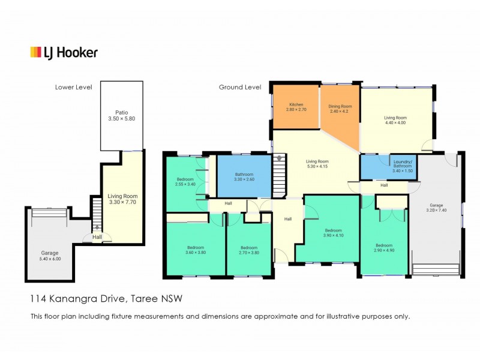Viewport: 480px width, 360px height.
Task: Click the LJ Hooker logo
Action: tap(64, 53)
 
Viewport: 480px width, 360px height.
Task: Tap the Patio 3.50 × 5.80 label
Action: tap(121, 116)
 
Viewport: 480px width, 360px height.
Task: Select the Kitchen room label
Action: tap(296, 107)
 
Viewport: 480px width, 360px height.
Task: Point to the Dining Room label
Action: tap(340, 109)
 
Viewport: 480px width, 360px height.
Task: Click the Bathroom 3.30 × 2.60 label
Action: tap(244, 176)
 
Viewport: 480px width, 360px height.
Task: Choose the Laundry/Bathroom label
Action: tap(401, 164)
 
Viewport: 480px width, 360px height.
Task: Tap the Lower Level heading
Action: tap(73, 87)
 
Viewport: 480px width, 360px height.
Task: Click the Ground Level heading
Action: tap(239, 87)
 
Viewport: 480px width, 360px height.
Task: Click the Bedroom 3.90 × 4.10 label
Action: tap(333, 233)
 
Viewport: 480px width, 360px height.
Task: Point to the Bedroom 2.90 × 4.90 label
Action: tap(384, 248)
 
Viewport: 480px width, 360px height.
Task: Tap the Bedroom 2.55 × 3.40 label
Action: tap(185, 182)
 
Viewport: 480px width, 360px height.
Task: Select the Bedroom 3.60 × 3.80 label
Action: tap(195, 250)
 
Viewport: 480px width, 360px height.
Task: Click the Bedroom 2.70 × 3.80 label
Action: tap(248, 250)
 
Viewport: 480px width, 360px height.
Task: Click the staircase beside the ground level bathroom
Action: tap(280, 175)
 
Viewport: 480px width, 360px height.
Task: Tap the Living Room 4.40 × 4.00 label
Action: tap(395, 120)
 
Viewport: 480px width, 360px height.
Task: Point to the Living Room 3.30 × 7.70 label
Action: tap(122, 199)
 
